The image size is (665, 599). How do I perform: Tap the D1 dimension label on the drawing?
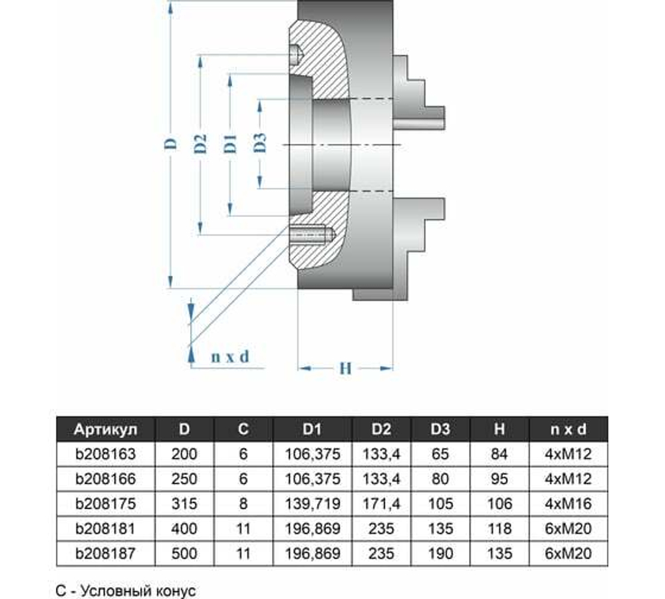[x=230, y=144]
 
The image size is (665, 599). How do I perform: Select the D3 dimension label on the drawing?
[x=260, y=144]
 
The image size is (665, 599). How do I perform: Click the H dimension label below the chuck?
[x=344, y=368]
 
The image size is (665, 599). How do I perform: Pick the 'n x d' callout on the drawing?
[x=229, y=357]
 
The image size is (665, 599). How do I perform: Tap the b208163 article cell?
[x=106, y=455]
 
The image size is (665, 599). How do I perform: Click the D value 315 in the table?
[x=184, y=504]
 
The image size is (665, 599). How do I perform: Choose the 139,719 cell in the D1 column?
[x=313, y=504]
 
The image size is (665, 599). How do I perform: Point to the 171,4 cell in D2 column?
[x=381, y=504]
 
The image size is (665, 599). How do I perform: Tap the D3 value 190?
[x=440, y=553]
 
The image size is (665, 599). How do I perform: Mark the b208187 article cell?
[x=106, y=553]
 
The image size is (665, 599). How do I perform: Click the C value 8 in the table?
[x=243, y=504]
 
